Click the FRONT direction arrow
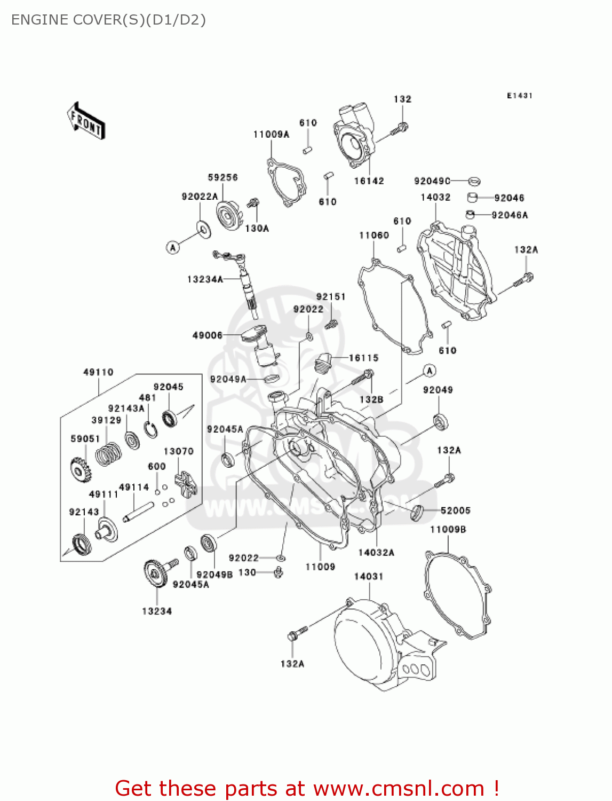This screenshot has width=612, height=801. point(86,121)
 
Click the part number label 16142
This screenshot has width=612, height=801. point(369,181)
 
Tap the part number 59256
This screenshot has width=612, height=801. point(222,177)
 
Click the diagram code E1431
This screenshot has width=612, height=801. point(519,96)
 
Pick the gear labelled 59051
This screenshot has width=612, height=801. point(81,469)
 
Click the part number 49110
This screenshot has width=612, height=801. point(98,372)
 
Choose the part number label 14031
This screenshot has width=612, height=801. point(369,577)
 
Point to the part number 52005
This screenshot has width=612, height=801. point(455,511)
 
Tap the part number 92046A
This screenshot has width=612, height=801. point(510,215)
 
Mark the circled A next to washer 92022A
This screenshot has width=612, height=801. point(172,247)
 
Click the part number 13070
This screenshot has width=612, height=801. point(178,451)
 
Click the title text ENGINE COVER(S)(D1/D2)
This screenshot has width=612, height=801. point(108,20)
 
